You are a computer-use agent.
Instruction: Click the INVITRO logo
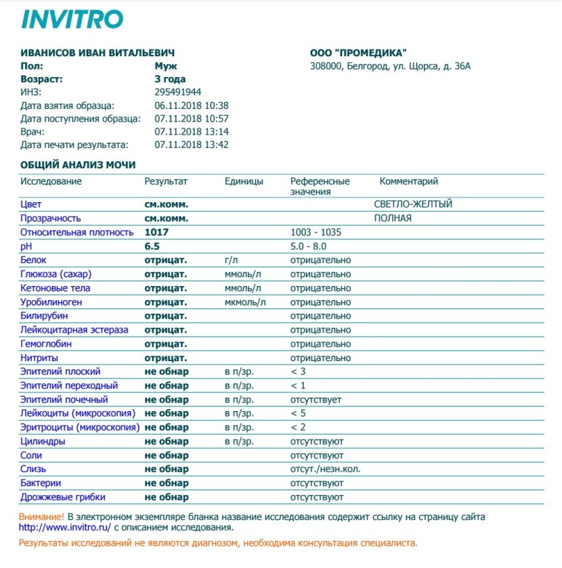(72, 19)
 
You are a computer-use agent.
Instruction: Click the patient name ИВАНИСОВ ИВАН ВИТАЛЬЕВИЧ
(93, 53)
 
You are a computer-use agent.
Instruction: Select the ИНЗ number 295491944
(177, 92)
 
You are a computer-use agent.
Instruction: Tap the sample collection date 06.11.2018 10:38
(192, 105)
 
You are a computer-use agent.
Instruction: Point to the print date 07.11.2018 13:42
(192, 145)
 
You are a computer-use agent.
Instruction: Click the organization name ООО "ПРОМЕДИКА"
(358, 53)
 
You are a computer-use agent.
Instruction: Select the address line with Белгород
(389, 66)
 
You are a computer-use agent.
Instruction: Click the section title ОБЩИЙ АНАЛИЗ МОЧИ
(78, 164)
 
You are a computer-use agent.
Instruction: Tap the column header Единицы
(244, 181)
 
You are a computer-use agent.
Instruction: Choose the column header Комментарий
(409, 181)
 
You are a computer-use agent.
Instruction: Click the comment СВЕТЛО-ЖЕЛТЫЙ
(413, 204)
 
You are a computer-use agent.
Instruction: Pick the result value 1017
(156, 233)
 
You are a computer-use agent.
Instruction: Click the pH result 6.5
(152, 246)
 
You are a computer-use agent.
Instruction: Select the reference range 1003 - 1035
(316, 233)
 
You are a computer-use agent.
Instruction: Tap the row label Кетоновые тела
(56, 288)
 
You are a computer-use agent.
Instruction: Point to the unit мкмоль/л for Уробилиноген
(245, 302)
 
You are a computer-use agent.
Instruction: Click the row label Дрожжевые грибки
(63, 497)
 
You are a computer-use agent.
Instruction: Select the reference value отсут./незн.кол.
(324, 469)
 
